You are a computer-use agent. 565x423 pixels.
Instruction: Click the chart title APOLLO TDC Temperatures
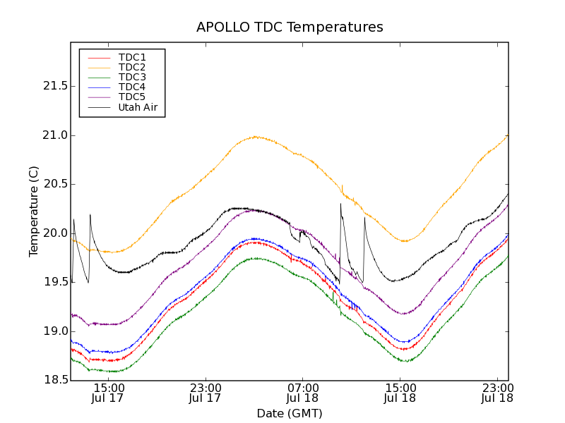[290, 27]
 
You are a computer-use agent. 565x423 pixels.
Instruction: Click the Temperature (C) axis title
[34, 211]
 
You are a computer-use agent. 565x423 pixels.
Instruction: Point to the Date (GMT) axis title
[290, 413]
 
